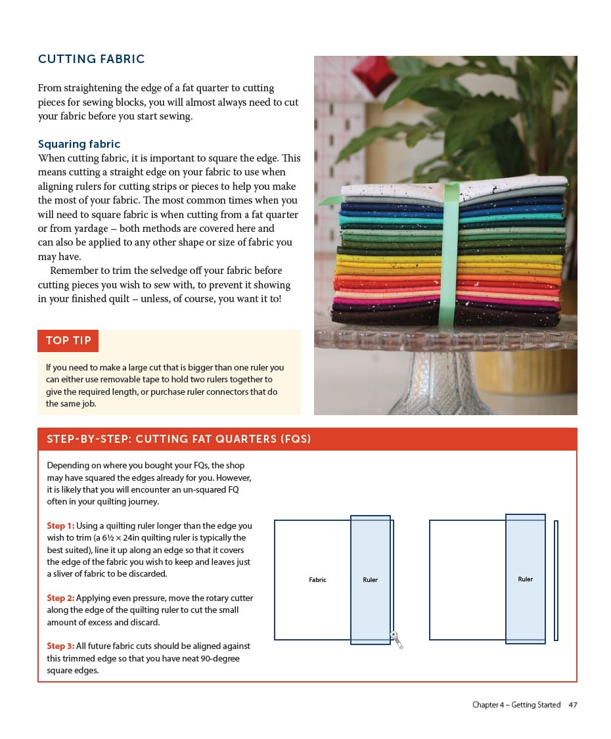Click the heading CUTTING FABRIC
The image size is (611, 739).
91,59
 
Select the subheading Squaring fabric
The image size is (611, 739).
79,144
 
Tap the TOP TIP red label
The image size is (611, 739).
68,341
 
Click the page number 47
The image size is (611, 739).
572,705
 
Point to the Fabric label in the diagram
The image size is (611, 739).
317,580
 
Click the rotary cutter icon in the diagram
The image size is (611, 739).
396,638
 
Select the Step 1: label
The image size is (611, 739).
60,526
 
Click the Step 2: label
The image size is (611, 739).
60,598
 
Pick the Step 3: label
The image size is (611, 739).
60,646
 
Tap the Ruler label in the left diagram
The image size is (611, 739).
370,580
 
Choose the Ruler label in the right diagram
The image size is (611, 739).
525,579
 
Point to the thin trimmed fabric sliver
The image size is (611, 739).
556,580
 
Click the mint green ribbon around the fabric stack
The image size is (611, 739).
449,256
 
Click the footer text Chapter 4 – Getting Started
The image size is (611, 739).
516,705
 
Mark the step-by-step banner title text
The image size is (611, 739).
179,439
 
